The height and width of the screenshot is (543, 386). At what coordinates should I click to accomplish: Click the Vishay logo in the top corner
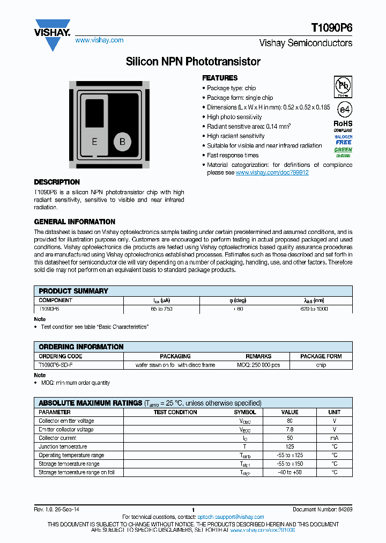coord(52,34)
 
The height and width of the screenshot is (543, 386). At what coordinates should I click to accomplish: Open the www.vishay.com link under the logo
coord(99,40)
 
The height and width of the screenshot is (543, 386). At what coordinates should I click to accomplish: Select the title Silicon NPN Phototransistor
coord(193,62)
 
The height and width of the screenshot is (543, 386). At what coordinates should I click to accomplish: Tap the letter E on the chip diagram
coord(95,142)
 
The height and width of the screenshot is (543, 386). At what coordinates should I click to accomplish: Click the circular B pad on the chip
coord(122,142)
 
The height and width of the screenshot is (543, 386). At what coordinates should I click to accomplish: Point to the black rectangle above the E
coord(95,113)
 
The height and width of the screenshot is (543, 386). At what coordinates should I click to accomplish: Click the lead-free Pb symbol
coord(343,86)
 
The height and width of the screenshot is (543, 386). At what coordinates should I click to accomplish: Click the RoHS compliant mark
coord(343,126)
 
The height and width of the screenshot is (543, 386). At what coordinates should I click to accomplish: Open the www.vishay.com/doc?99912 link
coord(272,173)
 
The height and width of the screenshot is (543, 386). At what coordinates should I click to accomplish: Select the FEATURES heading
coord(220,78)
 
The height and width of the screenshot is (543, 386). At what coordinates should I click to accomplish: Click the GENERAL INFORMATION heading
coord(75,222)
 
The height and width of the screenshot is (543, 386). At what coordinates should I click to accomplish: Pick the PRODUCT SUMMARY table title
coord(73,291)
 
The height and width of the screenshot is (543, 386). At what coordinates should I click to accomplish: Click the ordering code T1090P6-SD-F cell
coord(56,365)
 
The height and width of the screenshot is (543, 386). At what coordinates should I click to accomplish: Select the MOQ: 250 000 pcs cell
coord(258,365)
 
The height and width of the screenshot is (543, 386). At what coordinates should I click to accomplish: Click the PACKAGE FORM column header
coord(321,356)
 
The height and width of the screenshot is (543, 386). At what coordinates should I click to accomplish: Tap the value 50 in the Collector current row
coord(290,438)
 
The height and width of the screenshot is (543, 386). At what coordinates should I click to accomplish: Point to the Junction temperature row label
coord(63,446)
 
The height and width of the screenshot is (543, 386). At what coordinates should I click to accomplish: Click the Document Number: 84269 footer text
coord(322,509)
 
